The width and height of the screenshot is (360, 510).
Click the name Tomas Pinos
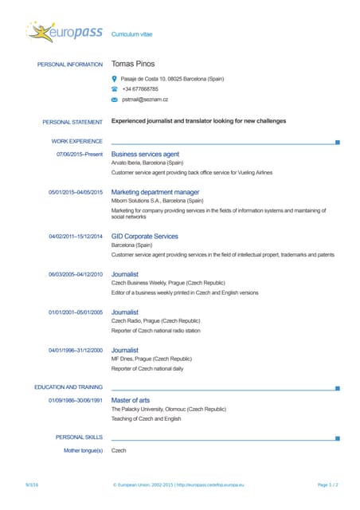[x=133, y=64]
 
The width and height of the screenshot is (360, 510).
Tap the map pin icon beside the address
[x=115, y=79]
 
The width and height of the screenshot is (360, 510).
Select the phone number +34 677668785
[x=140, y=89]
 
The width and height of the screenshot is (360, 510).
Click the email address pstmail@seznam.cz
[x=145, y=100]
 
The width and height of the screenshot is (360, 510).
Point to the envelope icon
[x=115, y=100]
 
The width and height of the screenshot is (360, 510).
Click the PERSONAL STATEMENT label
[x=72, y=122]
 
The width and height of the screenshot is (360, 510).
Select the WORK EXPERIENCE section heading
[x=76, y=141]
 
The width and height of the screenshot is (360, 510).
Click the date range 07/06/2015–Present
[x=80, y=154]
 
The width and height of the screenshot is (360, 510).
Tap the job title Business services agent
[x=145, y=154]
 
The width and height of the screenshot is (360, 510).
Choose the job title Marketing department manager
[x=155, y=192]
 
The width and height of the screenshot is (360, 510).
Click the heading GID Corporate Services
[x=145, y=236]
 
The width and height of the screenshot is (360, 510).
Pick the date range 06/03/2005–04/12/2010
[x=76, y=274]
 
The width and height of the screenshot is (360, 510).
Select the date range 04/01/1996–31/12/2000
[x=76, y=350]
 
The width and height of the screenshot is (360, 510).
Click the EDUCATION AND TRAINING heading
[x=68, y=386]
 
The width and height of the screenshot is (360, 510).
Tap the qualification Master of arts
[x=131, y=399]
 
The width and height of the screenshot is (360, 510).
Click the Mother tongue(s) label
[x=83, y=450]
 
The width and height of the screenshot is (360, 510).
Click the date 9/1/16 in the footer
[x=33, y=484]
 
